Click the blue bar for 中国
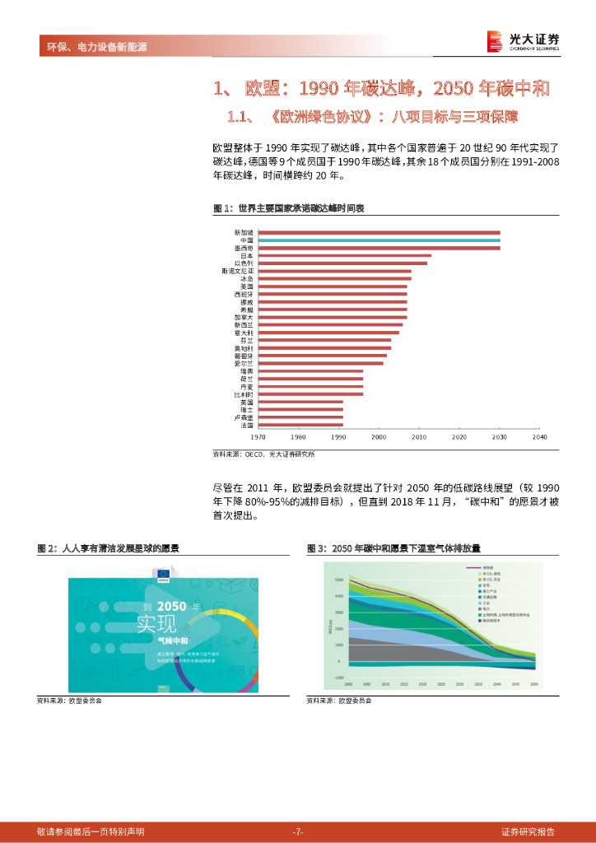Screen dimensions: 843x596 coord(379,240)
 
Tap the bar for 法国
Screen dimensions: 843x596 coord(300,425)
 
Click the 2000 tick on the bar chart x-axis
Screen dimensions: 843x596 coord(379,437)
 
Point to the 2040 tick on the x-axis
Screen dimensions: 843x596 coord(539,437)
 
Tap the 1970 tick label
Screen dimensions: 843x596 coord(258,437)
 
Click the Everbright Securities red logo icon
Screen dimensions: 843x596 coord(494,40)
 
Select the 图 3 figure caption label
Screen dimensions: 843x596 coord(317,548)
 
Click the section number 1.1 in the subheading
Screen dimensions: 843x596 coord(239,116)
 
